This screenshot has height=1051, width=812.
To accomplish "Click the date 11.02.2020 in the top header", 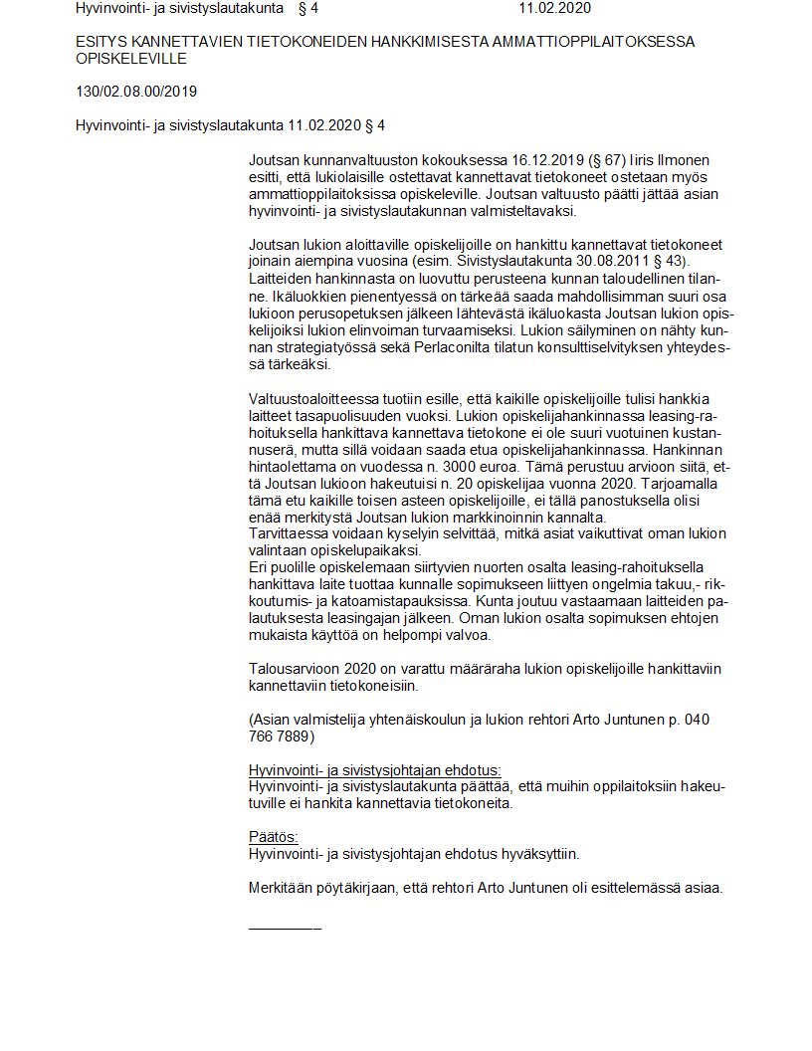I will pyautogui.click(x=555, y=9).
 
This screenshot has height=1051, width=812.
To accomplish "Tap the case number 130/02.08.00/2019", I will pyautogui.click(x=136, y=93).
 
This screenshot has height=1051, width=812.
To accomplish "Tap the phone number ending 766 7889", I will pyautogui.click(x=281, y=737).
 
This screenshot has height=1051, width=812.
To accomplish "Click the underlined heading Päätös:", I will pyautogui.click(x=273, y=837).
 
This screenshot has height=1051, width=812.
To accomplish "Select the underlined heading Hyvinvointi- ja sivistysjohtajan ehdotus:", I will pyautogui.click(x=374, y=770).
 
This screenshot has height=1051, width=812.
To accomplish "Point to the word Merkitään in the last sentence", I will pyautogui.click(x=282, y=888).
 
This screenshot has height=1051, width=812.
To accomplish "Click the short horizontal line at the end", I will pyautogui.click(x=285, y=928).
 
